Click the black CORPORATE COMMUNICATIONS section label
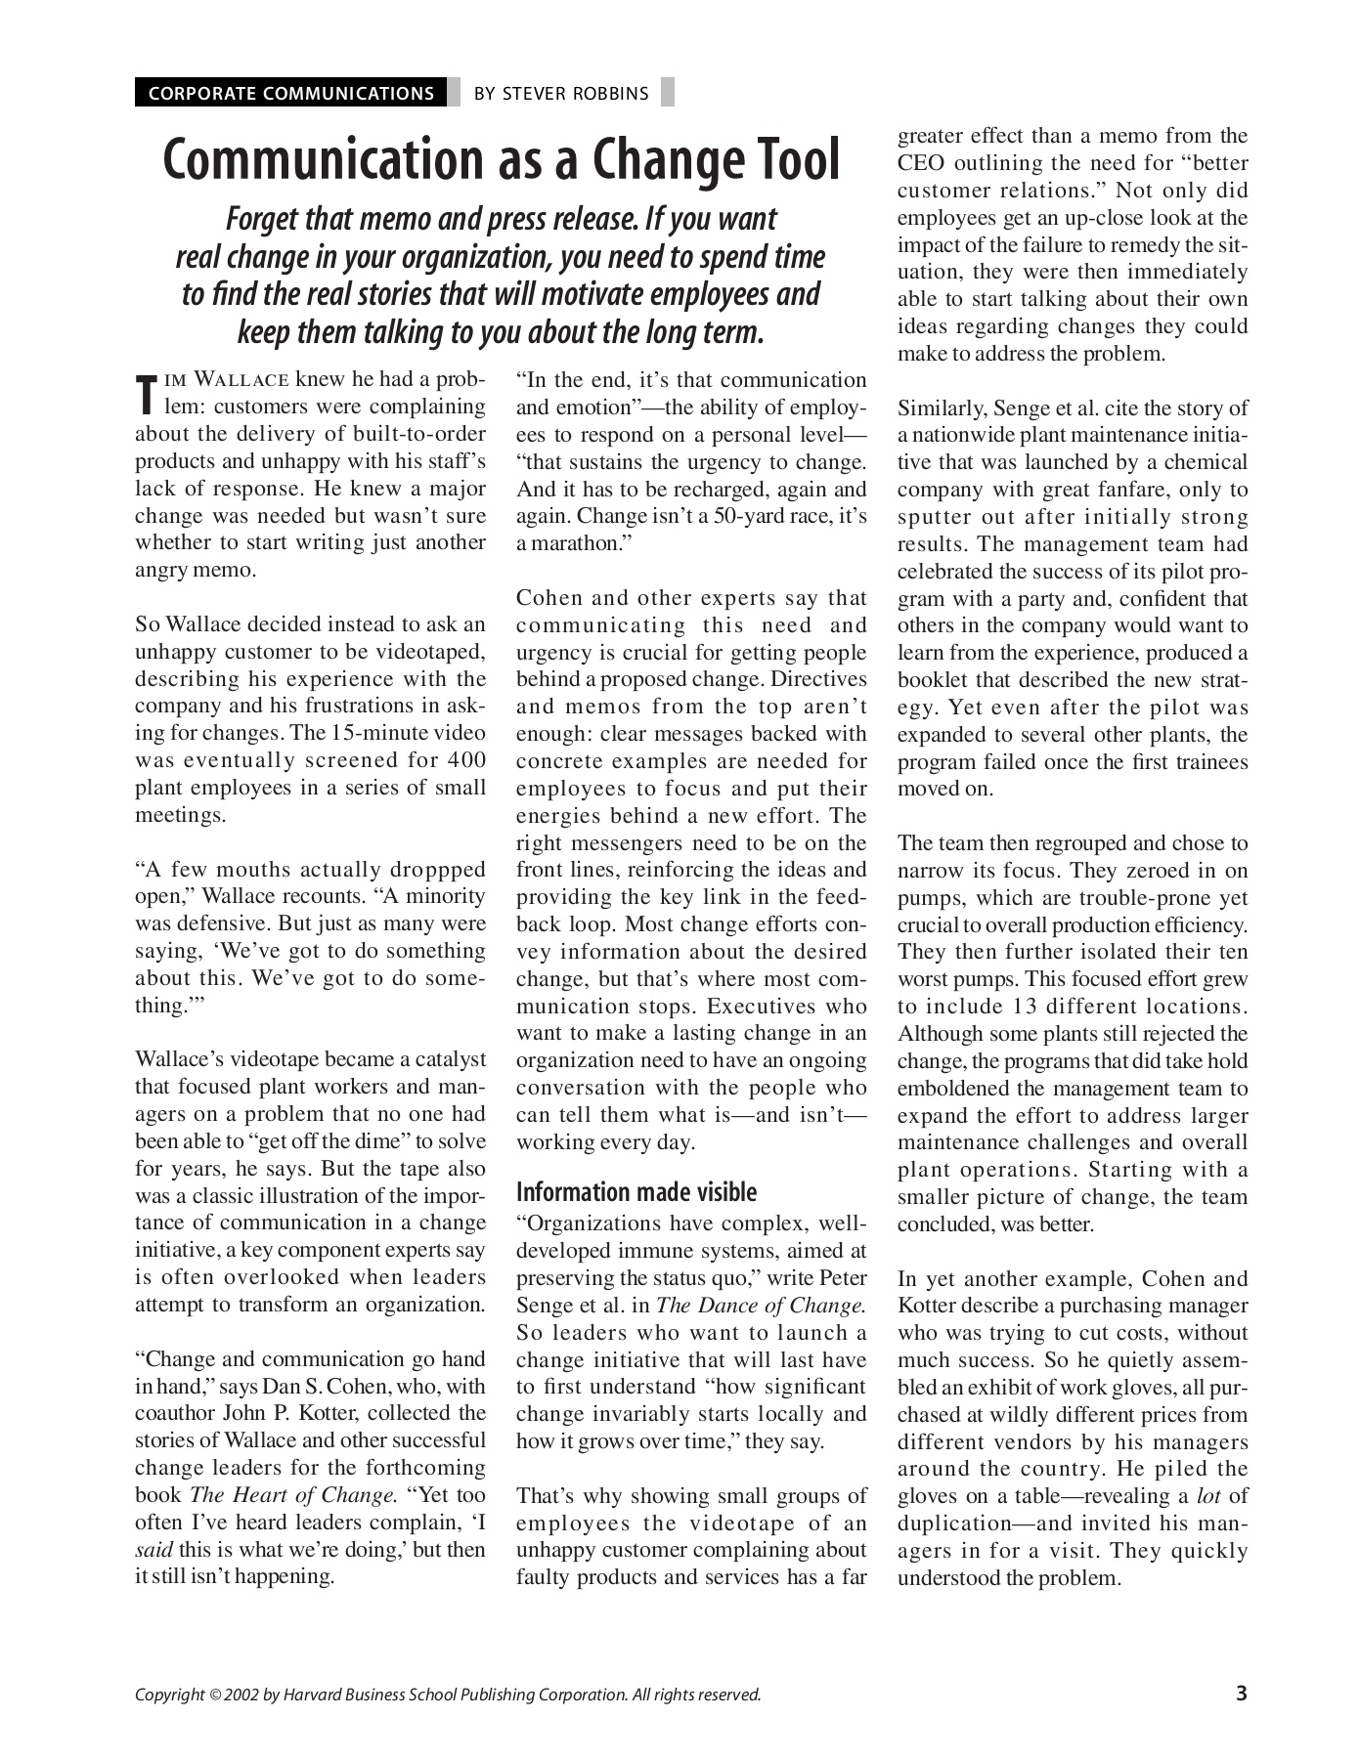click(x=290, y=94)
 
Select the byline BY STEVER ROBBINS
click(x=560, y=94)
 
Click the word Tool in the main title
click(x=788, y=160)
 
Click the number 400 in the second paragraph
click(x=466, y=760)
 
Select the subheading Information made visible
click(x=636, y=1192)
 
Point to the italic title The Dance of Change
click(x=761, y=1305)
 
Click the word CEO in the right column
click(x=919, y=163)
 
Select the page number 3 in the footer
click(x=1241, y=1694)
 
